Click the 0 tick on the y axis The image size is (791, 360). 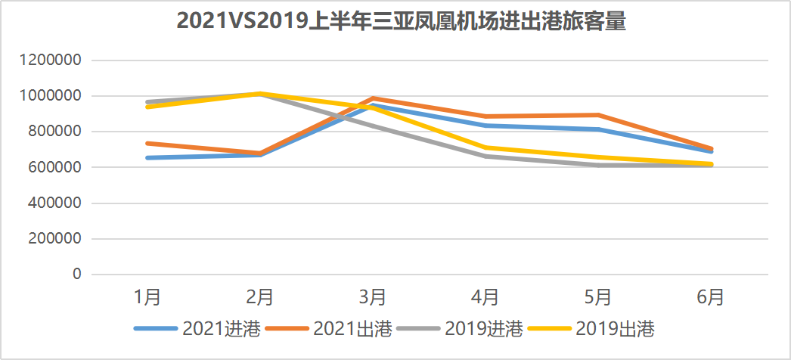click(76, 275)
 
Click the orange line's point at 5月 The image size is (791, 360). click(598, 115)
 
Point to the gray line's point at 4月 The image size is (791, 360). click(485, 156)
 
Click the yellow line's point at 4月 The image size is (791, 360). click(485, 147)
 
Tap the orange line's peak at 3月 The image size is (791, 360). click(373, 98)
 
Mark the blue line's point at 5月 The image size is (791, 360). click(598, 129)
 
